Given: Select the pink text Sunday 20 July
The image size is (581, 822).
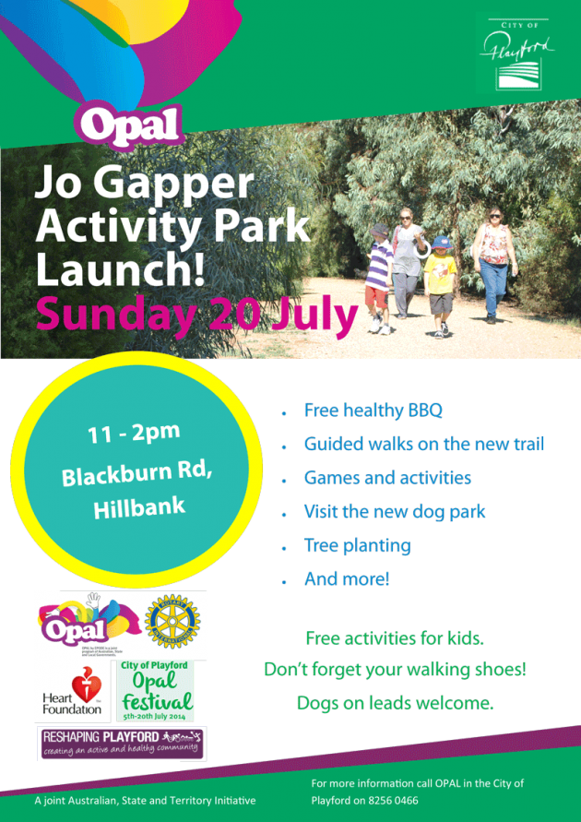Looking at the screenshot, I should [x=196, y=316].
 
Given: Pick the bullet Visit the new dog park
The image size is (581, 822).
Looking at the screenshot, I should [x=395, y=511].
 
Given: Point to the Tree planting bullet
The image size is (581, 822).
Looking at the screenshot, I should [x=357, y=545].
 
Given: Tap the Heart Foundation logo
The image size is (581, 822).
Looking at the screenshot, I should [x=72, y=692].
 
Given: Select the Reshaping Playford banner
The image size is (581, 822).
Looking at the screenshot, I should [x=123, y=743].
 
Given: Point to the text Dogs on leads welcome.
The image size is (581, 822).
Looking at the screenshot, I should [x=395, y=703].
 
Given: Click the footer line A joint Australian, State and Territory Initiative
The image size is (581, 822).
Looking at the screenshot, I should [x=145, y=800].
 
